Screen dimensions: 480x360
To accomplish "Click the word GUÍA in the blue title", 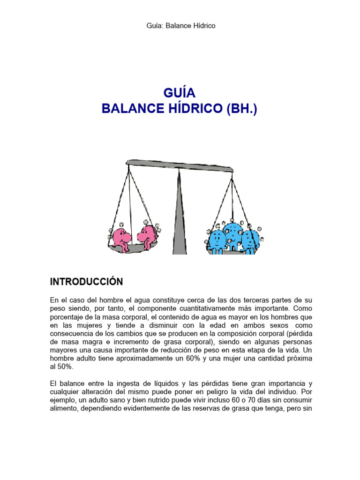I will click(x=180, y=92).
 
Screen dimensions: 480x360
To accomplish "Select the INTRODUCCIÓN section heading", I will click(x=86, y=282).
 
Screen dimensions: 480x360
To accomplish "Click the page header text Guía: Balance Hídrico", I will click(x=180, y=26).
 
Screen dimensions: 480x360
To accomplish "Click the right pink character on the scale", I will click(x=147, y=236).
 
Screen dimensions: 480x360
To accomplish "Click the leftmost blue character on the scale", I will click(x=217, y=240).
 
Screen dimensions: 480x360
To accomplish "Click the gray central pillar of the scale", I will click(x=180, y=211).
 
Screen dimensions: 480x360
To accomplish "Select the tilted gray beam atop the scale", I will click(x=180, y=165).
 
